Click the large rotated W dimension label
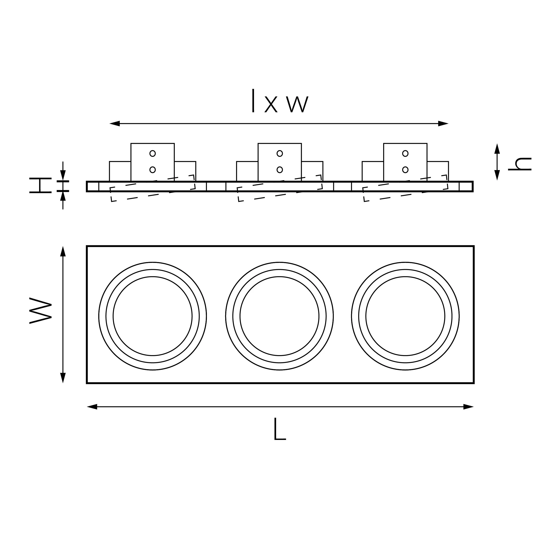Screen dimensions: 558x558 coord(40,310)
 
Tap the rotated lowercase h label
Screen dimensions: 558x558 coord(520,164)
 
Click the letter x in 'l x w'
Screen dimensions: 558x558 coord(271,104)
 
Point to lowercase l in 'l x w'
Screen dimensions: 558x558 coord(253,100)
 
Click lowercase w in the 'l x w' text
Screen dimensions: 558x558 coord(298,104)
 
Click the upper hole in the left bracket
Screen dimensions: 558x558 coord(152,153)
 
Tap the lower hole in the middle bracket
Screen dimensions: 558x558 coord(280,170)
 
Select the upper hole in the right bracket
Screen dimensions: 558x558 coord(405,153)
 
